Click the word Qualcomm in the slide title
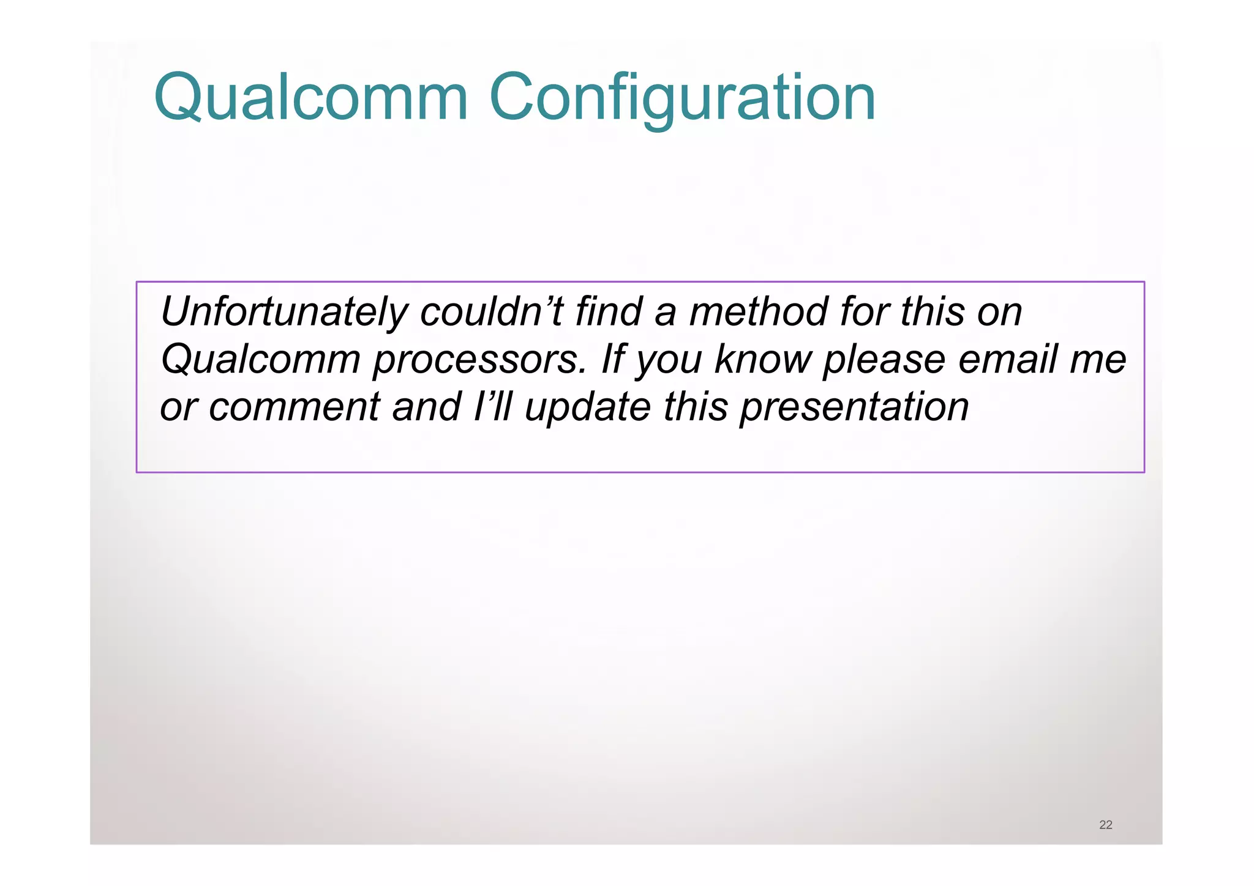tap(311, 98)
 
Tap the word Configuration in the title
tap(682, 98)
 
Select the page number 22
tap(1105, 825)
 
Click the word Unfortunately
tap(283, 312)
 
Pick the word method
tap(758, 312)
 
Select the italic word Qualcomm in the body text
tap(260, 360)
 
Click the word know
tap(762, 360)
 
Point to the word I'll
tap(492, 407)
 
